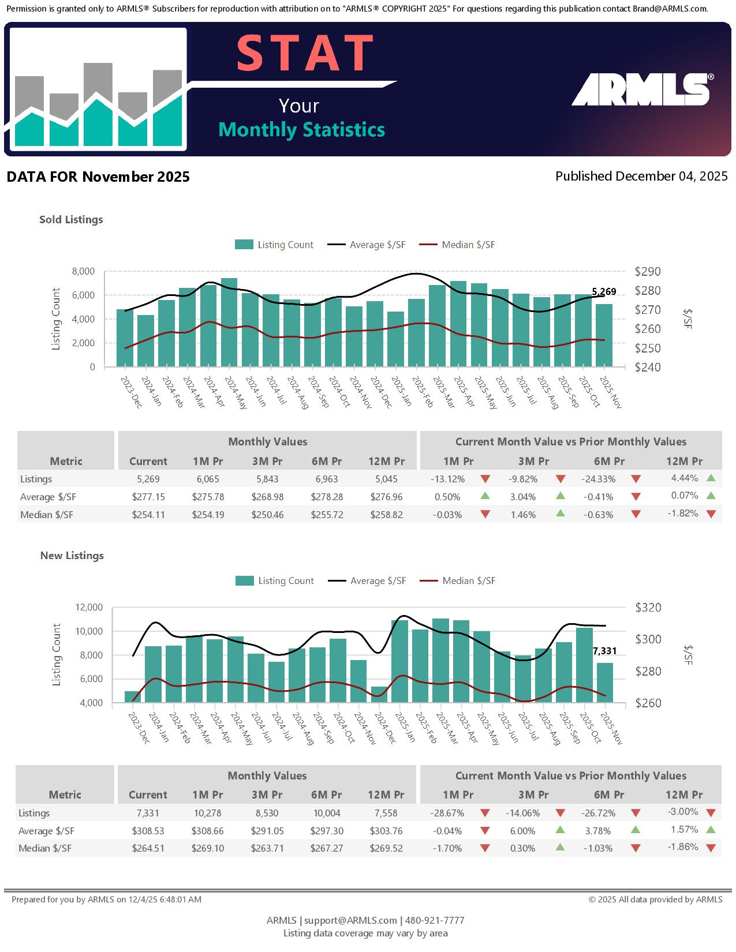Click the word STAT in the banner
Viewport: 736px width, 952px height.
tap(305, 54)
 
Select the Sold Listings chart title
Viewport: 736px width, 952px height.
tap(71, 219)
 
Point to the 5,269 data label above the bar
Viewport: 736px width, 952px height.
tap(604, 292)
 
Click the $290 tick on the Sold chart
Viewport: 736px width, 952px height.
tap(648, 271)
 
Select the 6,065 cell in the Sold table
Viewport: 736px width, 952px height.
tap(208, 479)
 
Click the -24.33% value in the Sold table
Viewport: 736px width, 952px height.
tap(599, 479)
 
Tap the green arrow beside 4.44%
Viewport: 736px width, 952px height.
tap(711, 478)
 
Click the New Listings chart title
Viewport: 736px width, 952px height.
tap(72, 556)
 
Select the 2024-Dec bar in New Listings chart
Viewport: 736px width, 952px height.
tap(379, 694)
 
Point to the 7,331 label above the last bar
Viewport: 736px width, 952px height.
tap(604, 651)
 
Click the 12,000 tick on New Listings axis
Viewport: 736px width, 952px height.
tap(89, 607)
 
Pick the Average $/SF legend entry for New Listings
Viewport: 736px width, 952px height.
tap(367, 581)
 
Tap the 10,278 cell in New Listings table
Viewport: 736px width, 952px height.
tap(208, 813)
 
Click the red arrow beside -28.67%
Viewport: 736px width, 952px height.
tap(485, 814)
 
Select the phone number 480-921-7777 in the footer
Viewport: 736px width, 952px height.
tap(435, 920)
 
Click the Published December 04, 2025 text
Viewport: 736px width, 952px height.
tap(641, 176)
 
